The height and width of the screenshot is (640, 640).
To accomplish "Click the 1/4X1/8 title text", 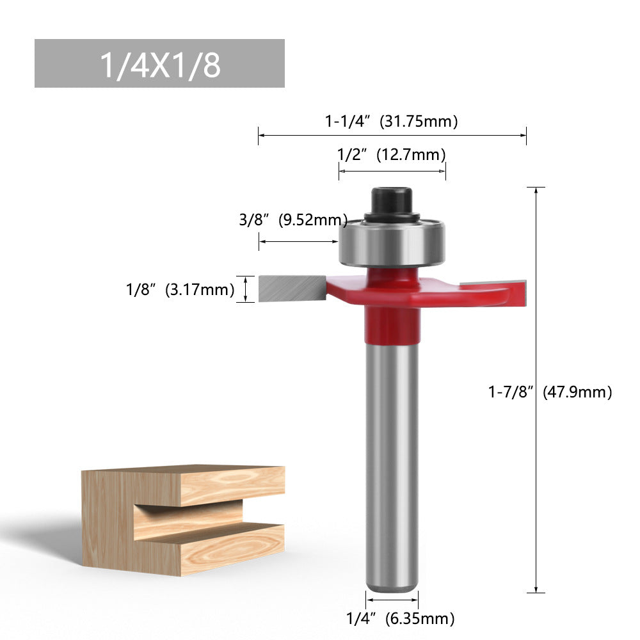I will pos(159,65).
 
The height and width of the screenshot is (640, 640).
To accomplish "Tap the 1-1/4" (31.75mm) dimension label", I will pos(391,121).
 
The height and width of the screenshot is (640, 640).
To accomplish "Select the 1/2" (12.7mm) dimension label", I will pos(391,154).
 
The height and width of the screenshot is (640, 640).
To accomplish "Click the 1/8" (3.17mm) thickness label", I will pos(180,289).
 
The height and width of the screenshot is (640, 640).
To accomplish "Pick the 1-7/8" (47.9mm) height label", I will pos(550,392).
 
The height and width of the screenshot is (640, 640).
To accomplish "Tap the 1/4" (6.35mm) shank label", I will pos(400,618).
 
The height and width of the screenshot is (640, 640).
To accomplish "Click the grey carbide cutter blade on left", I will pos(292,289).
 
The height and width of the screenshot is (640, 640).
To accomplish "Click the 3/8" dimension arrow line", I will pos(298,241).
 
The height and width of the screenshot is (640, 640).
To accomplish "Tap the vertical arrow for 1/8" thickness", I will pos(246,289).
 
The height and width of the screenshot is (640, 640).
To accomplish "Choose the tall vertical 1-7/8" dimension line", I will pos(535,390).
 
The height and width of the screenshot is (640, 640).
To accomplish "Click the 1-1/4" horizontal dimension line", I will pos(392,135).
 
